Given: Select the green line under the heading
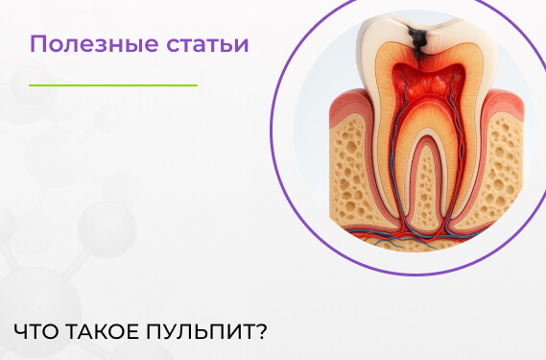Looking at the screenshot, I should click(112, 85).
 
